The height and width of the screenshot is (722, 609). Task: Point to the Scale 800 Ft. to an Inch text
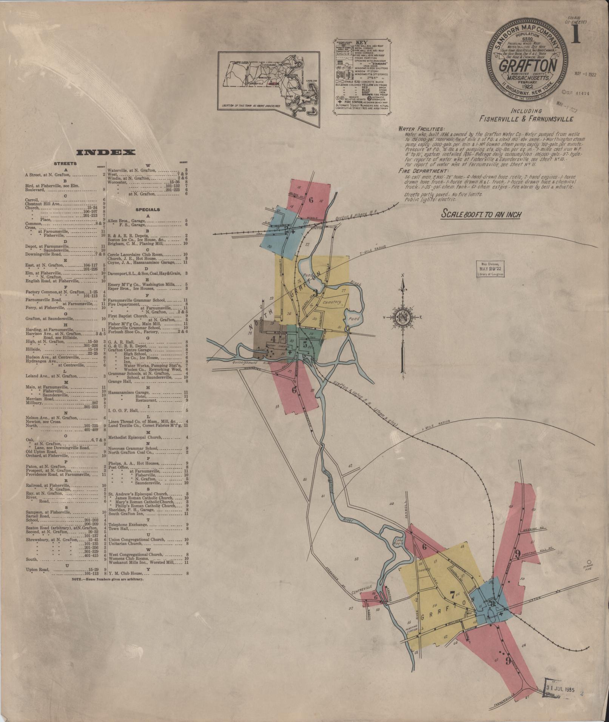(x=481, y=214)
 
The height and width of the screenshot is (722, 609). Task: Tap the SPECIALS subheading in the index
(x=148, y=209)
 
